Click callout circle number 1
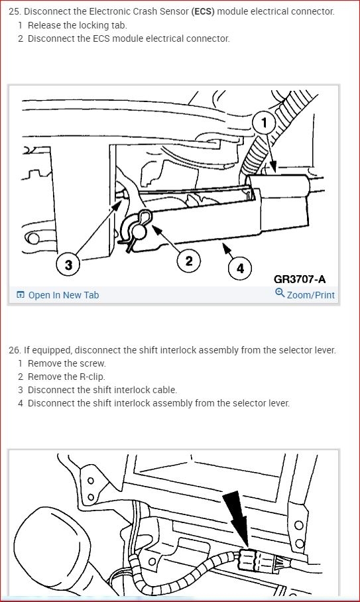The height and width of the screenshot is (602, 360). (264, 123)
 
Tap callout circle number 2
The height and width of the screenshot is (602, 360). (189, 261)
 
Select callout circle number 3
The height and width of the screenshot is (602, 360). (68, 264)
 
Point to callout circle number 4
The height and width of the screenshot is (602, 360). (240, 268)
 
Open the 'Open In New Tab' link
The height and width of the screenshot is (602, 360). (64, 295)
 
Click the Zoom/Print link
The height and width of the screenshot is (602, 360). (310, 295)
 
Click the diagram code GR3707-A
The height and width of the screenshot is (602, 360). (300, 279)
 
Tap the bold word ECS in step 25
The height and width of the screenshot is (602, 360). (203, 11)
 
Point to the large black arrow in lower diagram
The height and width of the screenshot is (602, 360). (237, 519)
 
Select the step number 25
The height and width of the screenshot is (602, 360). (15, 11)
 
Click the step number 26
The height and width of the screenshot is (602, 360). (15, 350)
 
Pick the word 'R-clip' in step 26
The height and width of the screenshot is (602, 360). (92, 377)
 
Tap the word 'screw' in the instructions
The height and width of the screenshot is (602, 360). (93, 363)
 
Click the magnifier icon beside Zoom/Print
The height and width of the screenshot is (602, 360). (280, 292)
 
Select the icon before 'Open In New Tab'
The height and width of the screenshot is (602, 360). (21, 295)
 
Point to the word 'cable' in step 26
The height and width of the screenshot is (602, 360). (166, 390)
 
